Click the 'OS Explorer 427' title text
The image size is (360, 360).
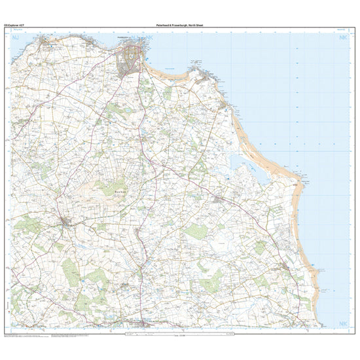[x=14, y=25]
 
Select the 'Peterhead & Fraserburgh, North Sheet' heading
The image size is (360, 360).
[x=180, y=25]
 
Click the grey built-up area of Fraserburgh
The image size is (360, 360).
[x=128, y=60]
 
